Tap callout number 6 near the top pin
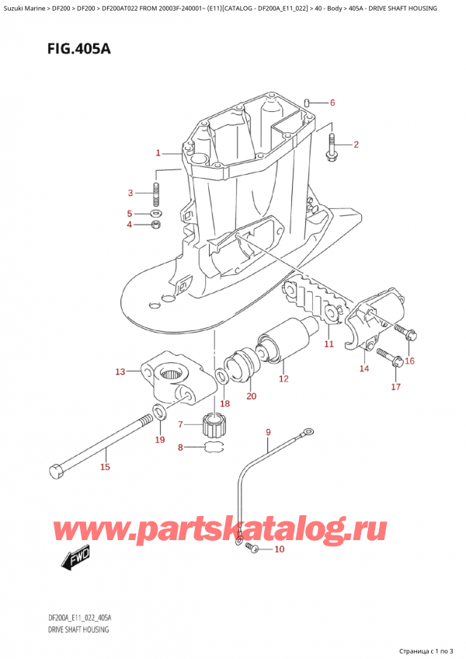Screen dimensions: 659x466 coord(332,103)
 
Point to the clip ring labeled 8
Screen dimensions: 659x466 coord(212,447)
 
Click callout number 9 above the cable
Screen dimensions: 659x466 coord(268,432)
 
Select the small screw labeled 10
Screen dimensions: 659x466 coord(253,549)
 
